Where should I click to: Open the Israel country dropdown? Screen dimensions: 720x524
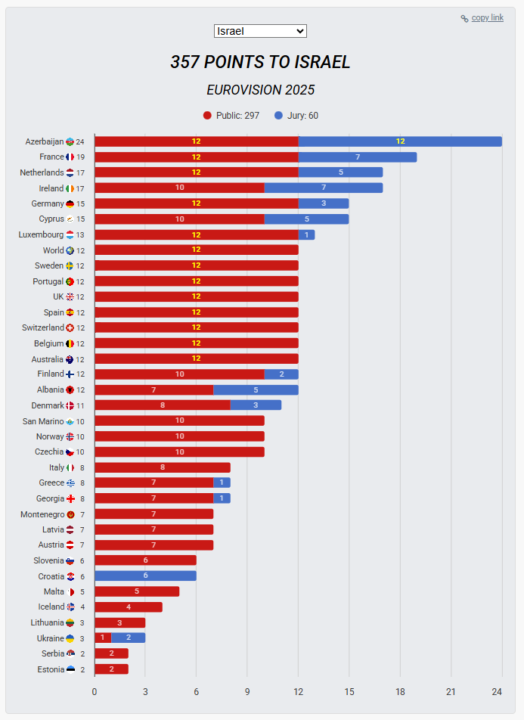(x=260, y=31)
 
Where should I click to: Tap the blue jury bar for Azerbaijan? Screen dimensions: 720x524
(x=400, y=141)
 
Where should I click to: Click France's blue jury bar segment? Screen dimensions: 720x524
(x=358, y=157)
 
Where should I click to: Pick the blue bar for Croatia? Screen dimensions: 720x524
(x=145, y=576)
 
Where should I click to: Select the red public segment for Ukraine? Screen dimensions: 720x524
(x=103, y=638)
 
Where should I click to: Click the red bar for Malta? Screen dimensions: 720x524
(x=137, y=591)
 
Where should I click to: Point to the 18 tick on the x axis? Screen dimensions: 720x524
(x=400, y=691)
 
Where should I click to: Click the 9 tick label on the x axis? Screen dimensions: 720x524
(x=247, y=691)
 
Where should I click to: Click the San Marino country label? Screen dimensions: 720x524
(x=43, y=421)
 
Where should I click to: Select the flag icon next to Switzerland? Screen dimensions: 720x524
(x=70, y=328)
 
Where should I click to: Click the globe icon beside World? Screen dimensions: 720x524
(x=70, y=250)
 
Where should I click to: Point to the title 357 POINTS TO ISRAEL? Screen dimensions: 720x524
(x=260, y=62)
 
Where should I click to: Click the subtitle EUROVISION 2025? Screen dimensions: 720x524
(x=260, y=90)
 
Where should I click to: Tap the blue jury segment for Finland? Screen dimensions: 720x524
(x=281, y=374)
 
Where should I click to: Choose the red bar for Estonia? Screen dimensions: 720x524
(x=111, y=669)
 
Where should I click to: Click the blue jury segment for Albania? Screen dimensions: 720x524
(x=256, y=390)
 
